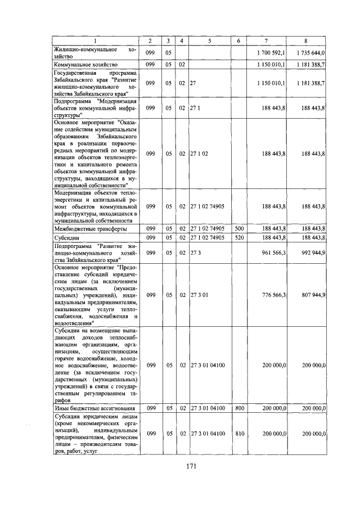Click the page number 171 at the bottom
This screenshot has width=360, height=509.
(x=191, y=465)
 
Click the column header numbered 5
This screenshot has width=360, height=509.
(x=209, y=40)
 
